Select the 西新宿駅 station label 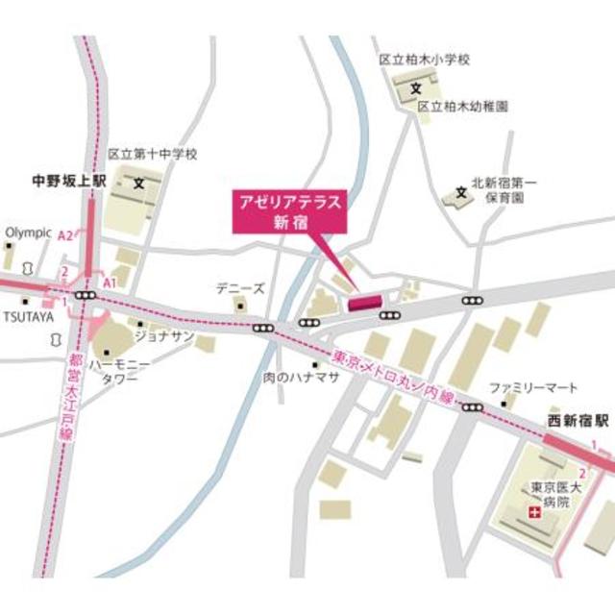(x=579, y=421)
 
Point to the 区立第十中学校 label (x=152, y=154)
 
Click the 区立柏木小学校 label (x=424, y=60)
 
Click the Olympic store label (x=27, y=232)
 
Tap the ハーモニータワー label (x=120, y=372)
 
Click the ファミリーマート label (x=532, y=387)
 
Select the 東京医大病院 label (x=549, y=495)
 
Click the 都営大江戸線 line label (x=75, y=398)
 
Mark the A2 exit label (x=65, y=236)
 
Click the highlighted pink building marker (x=365, y=303)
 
